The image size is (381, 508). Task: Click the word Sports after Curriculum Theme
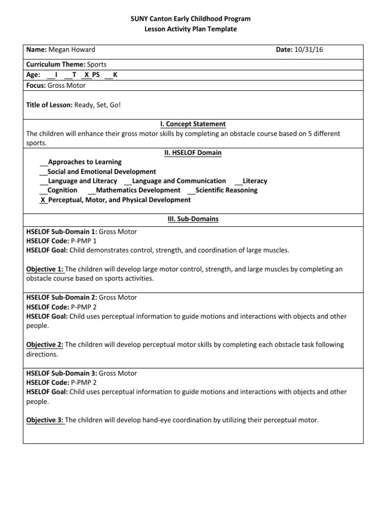[x=97, y=64]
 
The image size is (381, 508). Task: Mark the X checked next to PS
[x=87, y=75]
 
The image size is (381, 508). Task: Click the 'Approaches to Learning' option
[x=84, y=162]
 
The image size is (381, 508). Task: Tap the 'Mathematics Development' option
[x=138, y=190]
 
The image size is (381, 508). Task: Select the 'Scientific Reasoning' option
[x=226, y=190]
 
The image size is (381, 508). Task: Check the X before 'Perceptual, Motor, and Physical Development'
[x=43, y=200]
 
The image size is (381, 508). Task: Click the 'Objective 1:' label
[x=45, y=269]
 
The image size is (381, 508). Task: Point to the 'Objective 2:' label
[x=45, y=345]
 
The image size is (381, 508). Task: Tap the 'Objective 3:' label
[x=45, y=420]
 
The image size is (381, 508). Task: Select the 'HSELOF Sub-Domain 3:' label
[x=62, y=373]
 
